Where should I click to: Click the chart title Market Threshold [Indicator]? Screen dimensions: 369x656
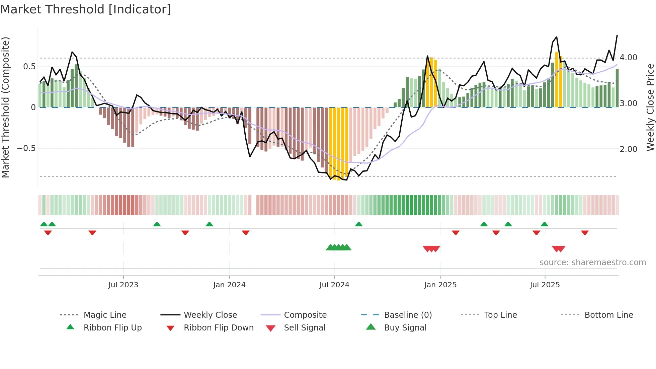click(86, 9)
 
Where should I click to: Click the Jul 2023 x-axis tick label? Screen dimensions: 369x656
click(123, 285)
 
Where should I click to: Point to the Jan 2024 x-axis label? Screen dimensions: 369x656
click(229, 285)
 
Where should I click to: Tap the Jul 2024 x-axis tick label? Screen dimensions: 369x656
click(334, 285)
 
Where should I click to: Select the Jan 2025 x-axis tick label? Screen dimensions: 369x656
click(440, 285)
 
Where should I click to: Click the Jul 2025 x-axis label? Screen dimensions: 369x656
click(545, 285)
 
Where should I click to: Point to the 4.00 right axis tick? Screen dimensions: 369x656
click(628, 58)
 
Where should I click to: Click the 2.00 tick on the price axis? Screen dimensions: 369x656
click(628, 149)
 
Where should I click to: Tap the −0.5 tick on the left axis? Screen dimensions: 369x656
click(26, 148)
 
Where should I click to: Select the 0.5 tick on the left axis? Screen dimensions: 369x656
click(29, 67)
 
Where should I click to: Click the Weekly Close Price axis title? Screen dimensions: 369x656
click(650, 107)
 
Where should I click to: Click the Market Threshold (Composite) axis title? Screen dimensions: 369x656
click(5, 107)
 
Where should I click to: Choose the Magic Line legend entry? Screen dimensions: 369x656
click(105, 315)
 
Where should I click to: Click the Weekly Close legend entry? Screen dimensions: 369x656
click(210, 315)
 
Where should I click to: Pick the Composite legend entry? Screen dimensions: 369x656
click(305, 315)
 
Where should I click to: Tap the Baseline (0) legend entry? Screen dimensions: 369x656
click(408, 315)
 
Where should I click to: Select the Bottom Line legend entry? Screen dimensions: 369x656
click(608, 315)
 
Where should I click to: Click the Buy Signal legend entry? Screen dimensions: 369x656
click(405, 328)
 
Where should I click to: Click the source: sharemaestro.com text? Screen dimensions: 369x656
click(592, 263)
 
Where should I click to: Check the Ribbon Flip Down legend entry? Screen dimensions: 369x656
click(219, 328)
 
